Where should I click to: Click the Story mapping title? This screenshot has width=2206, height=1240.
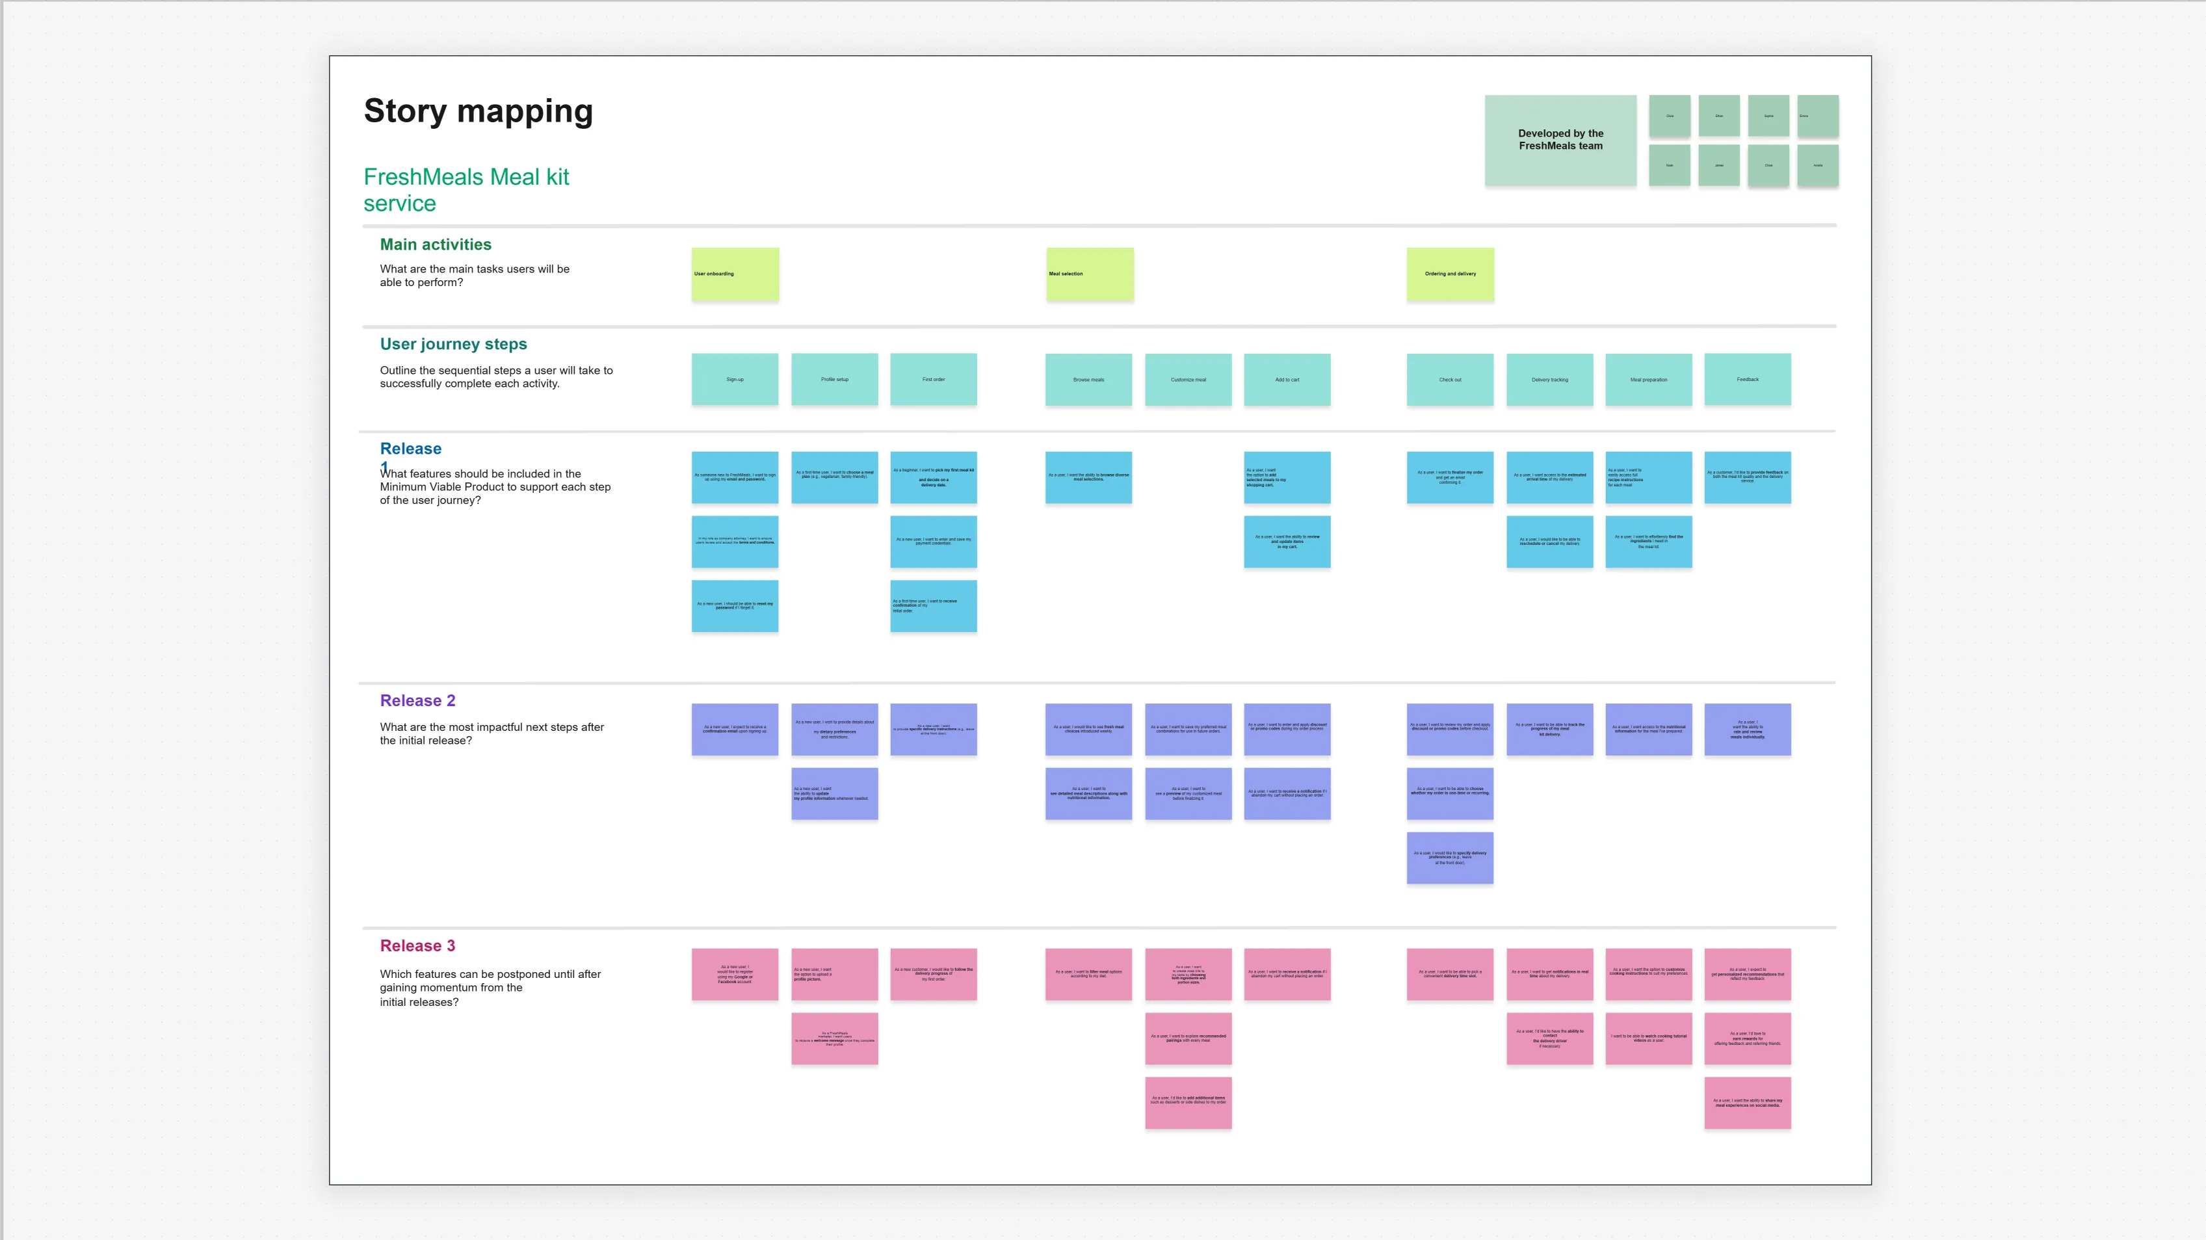(478, 111)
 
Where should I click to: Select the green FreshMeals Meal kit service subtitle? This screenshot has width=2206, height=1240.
(466, 189)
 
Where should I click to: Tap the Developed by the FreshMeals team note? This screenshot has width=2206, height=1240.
(1560, 140)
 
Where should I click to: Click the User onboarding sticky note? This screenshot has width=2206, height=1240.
(735, 274)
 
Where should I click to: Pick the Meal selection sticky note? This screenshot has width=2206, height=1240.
(1089, 274)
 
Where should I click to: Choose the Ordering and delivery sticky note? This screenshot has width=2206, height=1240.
(1450, 274)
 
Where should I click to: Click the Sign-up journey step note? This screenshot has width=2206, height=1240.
(735, 379)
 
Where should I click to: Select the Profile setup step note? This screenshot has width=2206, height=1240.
(834, 379)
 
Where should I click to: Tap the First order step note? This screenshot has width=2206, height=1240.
(934, 379)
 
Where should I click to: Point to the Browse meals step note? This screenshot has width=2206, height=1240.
(1088, 379)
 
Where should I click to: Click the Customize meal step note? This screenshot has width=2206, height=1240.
(1188, 379)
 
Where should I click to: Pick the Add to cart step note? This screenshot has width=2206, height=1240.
(1287, 379)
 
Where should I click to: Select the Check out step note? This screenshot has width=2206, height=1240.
(1450, 379)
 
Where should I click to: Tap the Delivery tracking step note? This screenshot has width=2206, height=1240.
(1549, 379)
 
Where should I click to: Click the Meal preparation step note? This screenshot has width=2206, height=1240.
(1649, 379)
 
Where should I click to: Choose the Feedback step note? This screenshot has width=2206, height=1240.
(1747, 379)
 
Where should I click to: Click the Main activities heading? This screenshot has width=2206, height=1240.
(435, 245)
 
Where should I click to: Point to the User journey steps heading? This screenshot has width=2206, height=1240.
(453, 344)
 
